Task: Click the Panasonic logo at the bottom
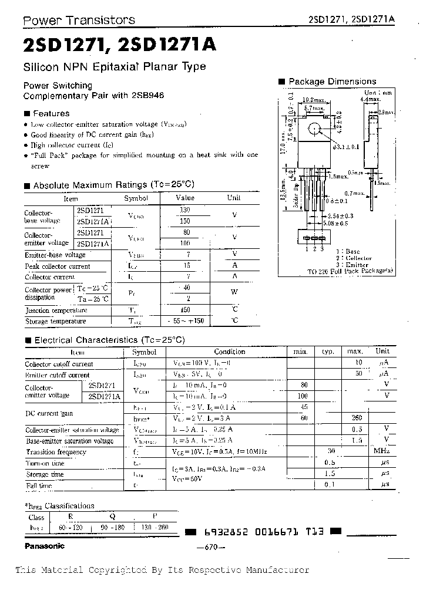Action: [x=44, y=546]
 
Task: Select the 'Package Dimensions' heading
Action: [x=332, y=82]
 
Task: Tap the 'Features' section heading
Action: [x=51, y=113]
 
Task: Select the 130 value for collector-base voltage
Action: [x=185, y=210]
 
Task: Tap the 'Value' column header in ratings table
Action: [x=185, y=198]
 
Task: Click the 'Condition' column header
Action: [x=230, y=352]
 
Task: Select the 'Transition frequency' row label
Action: [x=56, y=452]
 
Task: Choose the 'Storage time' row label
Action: [x=45, y=474]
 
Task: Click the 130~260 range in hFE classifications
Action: [x=155, y=527]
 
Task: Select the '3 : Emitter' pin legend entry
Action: [x=352, y=265]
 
